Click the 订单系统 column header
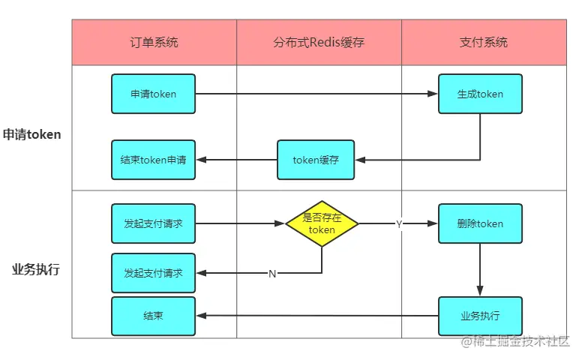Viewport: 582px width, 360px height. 154,42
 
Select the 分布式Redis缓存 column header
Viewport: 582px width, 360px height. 319,42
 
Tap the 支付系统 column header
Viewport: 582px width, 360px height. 483,42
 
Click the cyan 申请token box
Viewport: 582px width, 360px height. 153,94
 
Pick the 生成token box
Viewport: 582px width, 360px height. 480,94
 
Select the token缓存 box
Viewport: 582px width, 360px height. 316,160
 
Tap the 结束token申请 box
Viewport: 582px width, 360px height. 153,160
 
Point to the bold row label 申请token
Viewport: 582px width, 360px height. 31,135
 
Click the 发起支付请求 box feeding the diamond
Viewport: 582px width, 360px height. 153,223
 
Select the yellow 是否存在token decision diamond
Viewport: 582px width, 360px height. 322,223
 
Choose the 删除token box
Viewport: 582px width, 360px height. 480,223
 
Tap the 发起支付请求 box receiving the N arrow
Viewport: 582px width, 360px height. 153,273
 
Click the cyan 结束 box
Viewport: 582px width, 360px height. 153,316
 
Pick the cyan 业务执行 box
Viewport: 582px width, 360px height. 480,316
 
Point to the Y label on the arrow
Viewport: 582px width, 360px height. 399,224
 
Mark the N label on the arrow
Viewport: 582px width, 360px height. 272,274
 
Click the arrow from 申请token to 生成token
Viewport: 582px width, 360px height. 315,94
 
